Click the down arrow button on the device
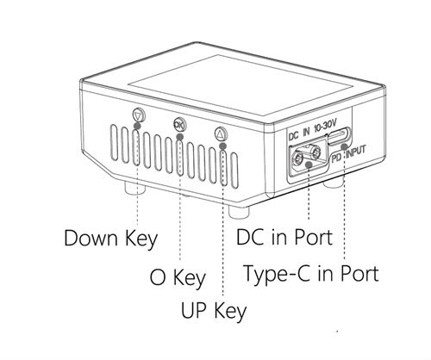click(139, 115)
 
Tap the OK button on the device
click(180, 124)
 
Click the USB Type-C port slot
click(340, 136)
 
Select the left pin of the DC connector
click(297, 158)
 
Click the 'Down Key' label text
click(111, 239)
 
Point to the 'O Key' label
click(178, 277)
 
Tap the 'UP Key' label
click(214, 311)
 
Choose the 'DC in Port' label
click(284, 237)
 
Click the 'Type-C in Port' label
click(311, 274)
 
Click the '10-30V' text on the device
click(325, 127)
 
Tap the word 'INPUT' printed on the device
click(356, 152)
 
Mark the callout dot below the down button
click(138, 126)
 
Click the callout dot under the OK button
click(180, 136)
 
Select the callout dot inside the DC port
click(309, 164)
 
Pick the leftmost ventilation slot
click(115, 142)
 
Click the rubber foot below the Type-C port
click(334, 183)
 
